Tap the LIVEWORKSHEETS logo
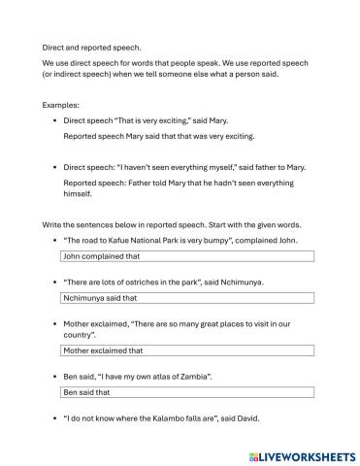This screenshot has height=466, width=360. tap(301, 453)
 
